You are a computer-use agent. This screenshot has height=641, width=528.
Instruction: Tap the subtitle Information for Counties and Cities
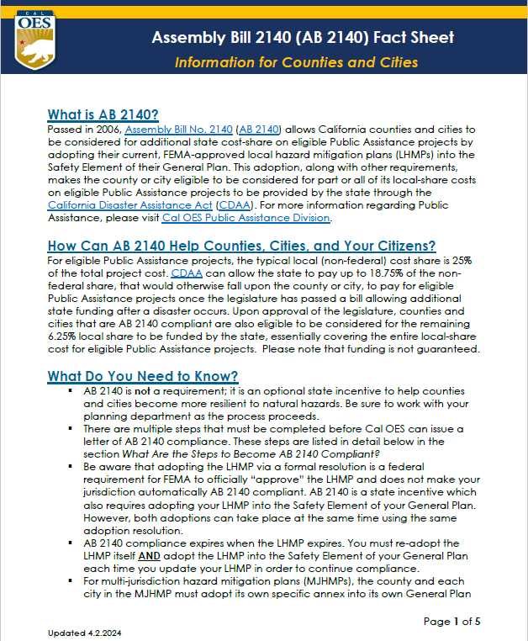click(x=295, y=63)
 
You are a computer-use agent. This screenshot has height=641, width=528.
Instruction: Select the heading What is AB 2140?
click(x=103, y=115)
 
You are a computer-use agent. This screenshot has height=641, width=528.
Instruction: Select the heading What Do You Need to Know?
click(x=143, y=375)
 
